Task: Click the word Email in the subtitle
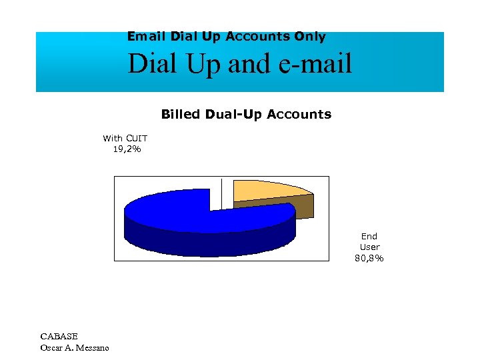(147, 37)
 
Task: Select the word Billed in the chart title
(180, 114)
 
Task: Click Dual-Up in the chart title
(233, 114)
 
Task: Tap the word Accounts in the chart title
(299, 114)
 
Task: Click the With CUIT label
(125, 138)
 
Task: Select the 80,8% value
(369, 258)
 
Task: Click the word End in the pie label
(369, 236)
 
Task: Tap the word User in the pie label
(369, 247)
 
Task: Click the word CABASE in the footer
(59, 336)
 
